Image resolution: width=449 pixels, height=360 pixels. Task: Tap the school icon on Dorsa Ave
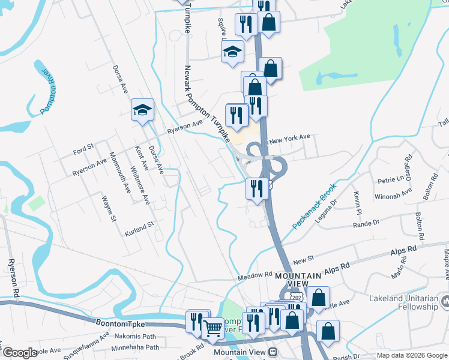pos(143,110)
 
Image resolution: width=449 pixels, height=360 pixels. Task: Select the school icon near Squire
pos(232,52)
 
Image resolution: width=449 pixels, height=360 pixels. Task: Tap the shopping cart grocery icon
pos(212,328)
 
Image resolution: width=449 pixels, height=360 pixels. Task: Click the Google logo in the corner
pos(19,353)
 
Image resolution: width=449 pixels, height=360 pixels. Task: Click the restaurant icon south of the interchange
pos(257,189)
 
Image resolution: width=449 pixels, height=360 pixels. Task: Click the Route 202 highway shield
pos(298,297)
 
